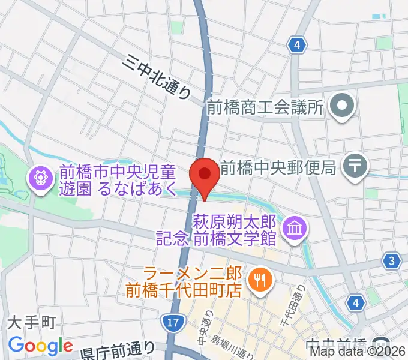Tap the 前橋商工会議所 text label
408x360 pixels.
click(x=265, y=107)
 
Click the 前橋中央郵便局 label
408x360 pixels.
click(x=278, y=167)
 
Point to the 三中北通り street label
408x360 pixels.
click(x=159, y=76)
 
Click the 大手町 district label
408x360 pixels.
click(x=31, y=323)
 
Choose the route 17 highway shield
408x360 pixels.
click(x=173, y=323)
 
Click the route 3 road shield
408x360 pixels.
click(x=392, y=260)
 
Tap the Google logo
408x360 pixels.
click(x=40, y=346)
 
